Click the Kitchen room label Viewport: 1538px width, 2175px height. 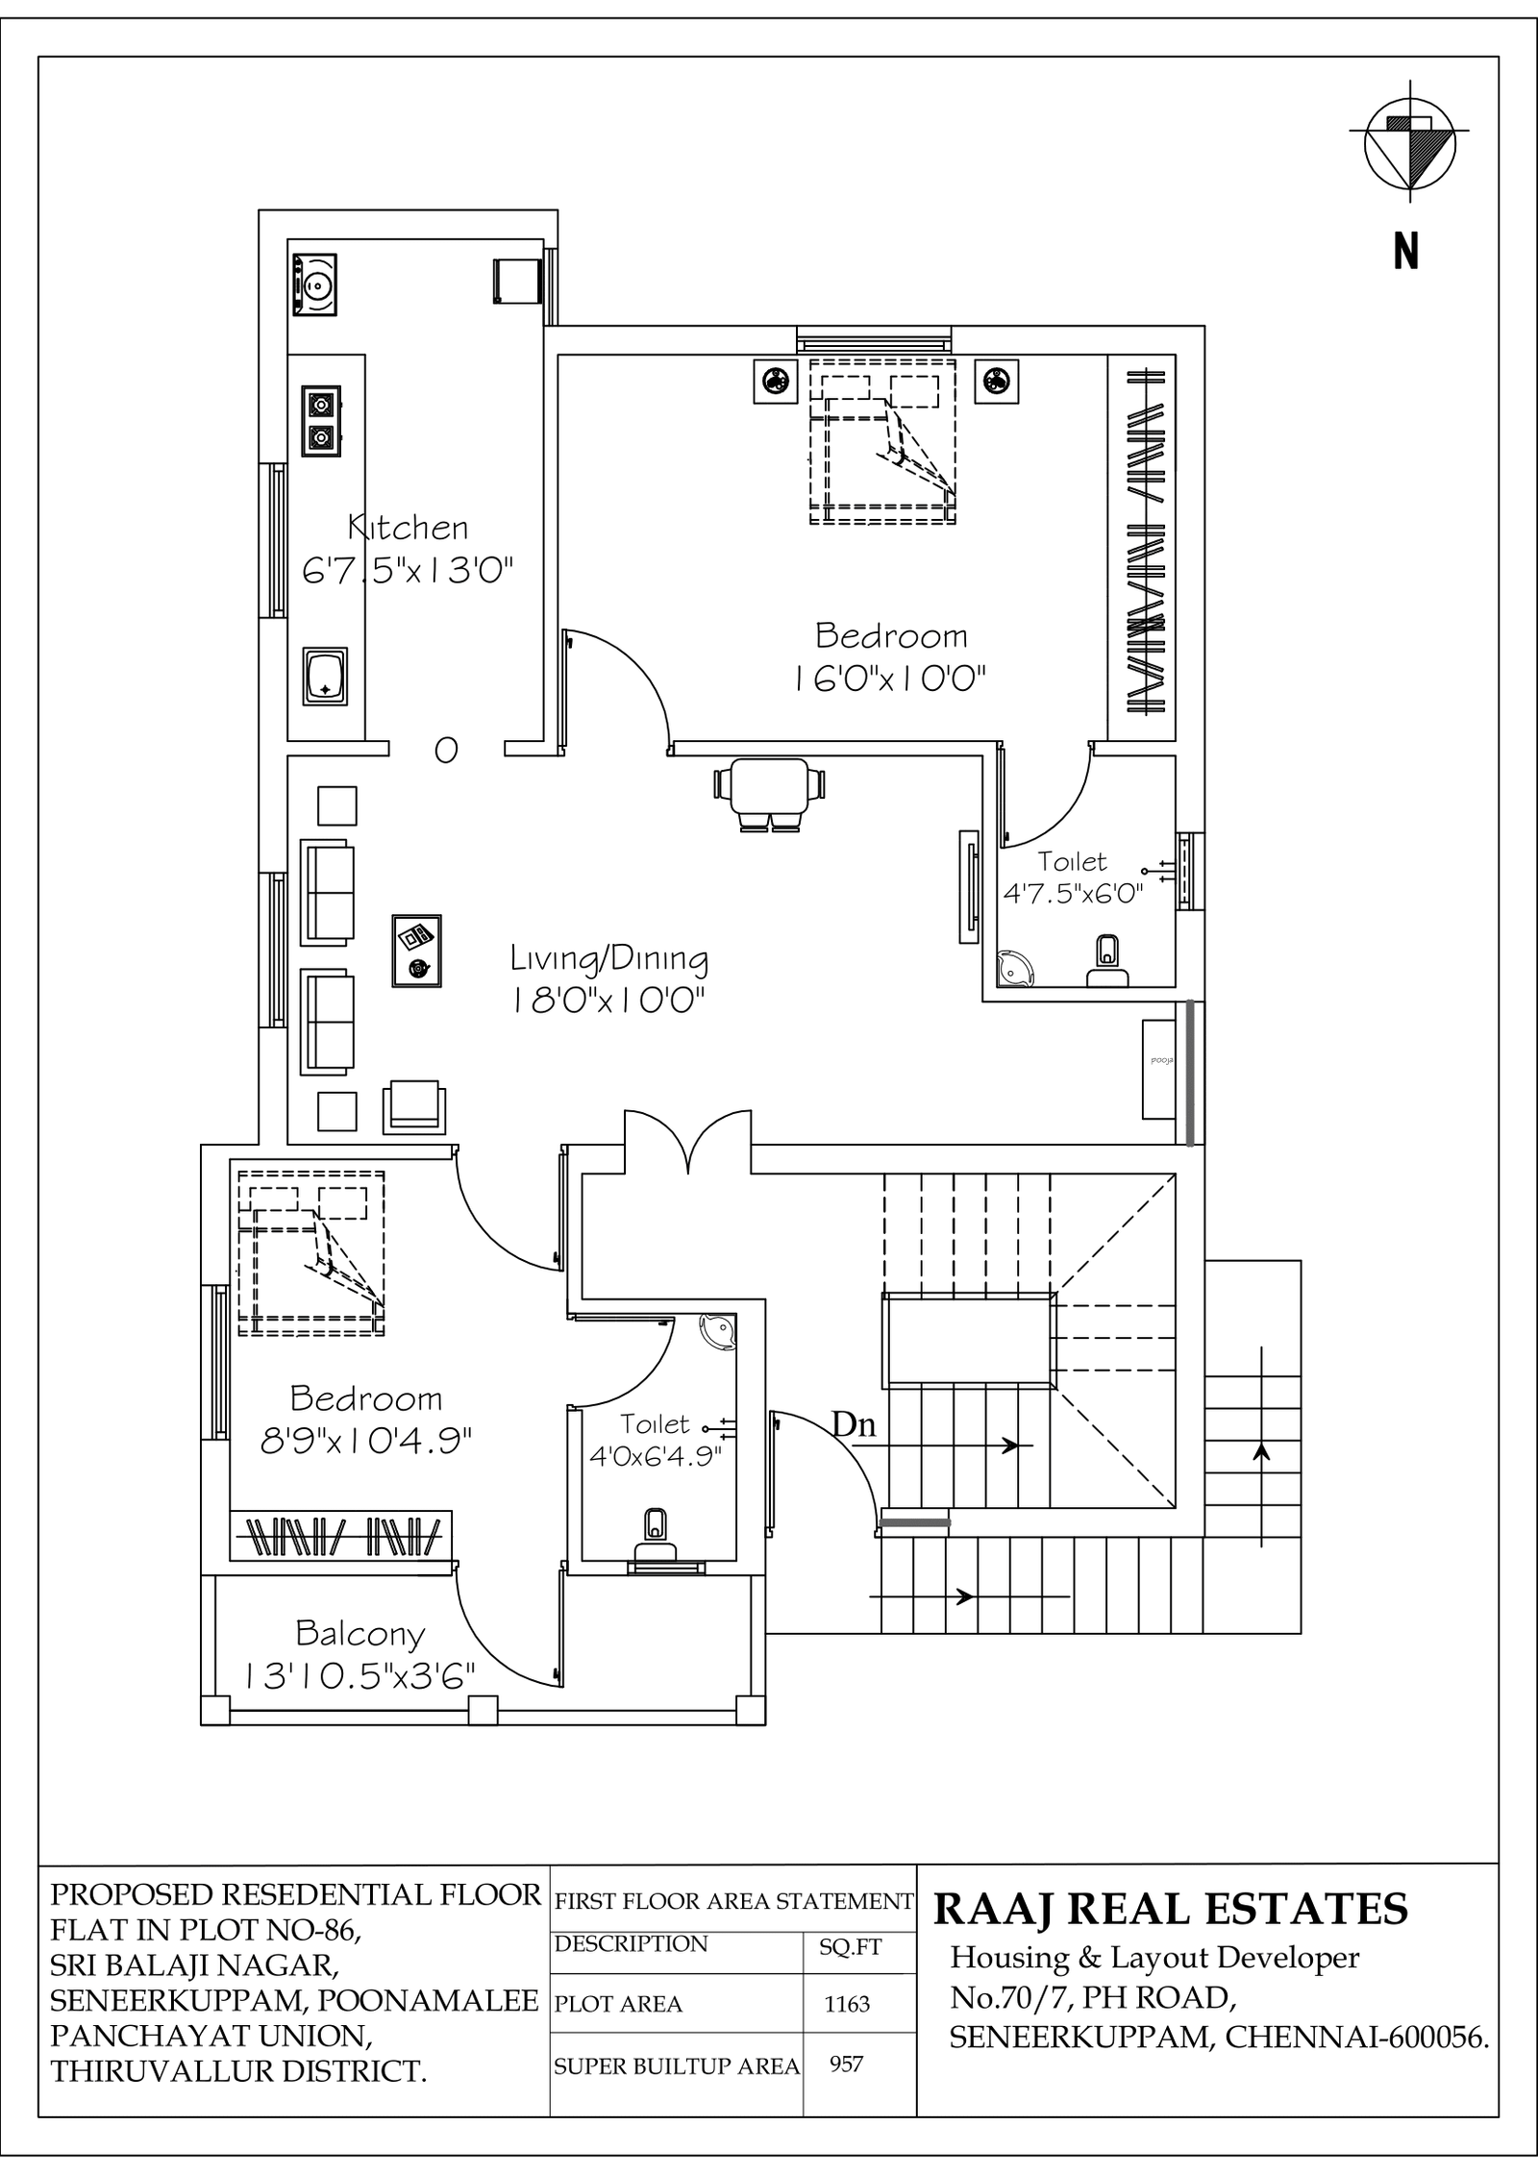click(x=408, y=527)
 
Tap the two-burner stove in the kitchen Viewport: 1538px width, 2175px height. click(x=321, y=420)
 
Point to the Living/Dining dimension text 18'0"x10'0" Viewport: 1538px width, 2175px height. click(x=608, y=1001)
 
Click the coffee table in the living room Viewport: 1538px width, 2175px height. click(x=417, y=951)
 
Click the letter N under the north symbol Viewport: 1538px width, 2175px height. click(x=1406, y=251)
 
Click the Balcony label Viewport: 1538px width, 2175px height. click(x=360, y=1633)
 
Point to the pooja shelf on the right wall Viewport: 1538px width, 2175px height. click(x=1159, y=1069)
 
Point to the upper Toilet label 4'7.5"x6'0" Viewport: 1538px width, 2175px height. click(x=1073, y=877)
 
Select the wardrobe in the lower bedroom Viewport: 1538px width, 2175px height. click(x=341, y=1536)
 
